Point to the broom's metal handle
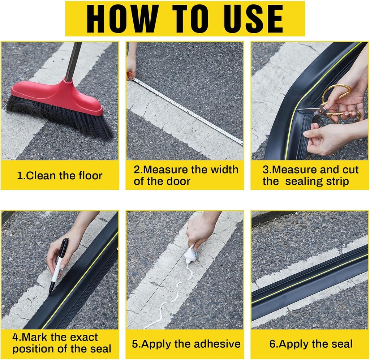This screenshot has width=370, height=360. click(x=73, y=61)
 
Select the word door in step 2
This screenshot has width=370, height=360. click(x=178, y=181)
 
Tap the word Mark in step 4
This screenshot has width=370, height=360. click(x=35, y=337)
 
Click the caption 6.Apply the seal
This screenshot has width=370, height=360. click(x=311, y=344)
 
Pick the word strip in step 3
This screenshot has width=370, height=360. click(x=338, y=181)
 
